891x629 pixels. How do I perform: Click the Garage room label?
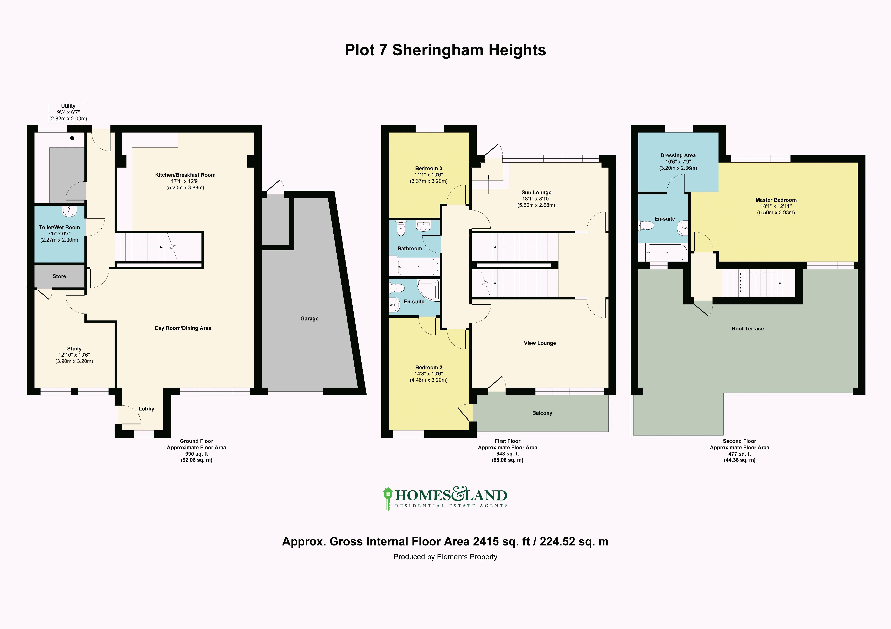point(309,318)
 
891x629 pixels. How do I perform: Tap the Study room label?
point(74,349)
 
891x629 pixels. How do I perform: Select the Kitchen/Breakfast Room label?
point(185,175)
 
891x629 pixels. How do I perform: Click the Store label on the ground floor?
point(59,276)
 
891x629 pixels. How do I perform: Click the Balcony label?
point(542,413)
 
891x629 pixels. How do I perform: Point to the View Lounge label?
point(540,343)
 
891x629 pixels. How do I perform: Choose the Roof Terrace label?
point(747,328)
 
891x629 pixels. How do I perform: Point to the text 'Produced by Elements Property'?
point(445,557)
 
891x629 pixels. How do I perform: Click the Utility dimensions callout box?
point(68,113)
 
